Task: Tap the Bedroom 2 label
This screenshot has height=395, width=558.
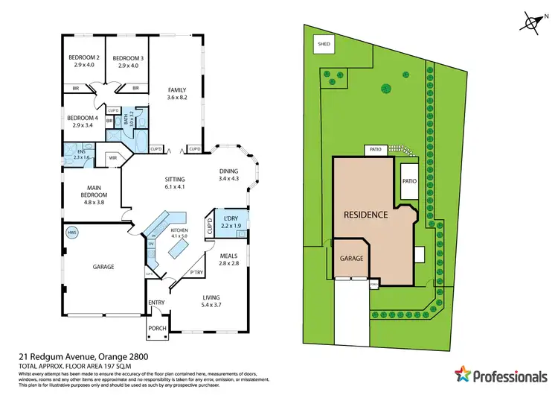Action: click(x=84, y=58)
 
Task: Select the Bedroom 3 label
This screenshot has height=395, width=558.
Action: click(x=128, y=58)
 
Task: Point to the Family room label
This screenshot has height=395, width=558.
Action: click(x=177, y=90)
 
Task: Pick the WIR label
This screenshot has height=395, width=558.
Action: click(x=114, y=158)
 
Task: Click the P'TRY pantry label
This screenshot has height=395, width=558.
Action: click(x=197, y=273)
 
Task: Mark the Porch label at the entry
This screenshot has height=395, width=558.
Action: click(x=157, y=328)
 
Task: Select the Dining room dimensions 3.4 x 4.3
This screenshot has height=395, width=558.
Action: click(x=228, y=179)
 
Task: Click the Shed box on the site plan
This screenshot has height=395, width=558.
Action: click(x=324, y=44)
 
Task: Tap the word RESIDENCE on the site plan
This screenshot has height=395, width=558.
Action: click(x=365, y=215)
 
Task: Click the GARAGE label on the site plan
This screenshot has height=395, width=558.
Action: click(x=351, y=258)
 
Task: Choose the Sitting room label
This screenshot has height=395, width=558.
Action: click(x=176, y=180)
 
